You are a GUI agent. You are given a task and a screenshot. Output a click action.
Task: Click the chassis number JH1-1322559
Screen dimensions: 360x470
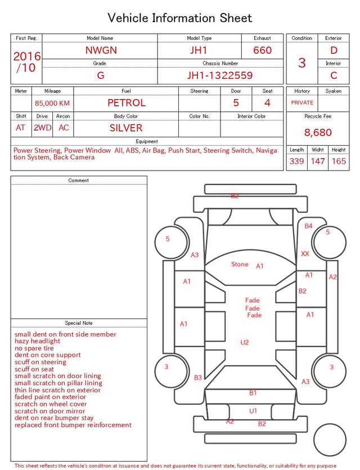pos(220,75)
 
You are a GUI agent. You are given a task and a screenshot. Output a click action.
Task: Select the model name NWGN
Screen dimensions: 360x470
pos(101,50)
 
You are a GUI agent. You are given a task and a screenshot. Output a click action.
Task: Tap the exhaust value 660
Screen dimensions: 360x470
pos(262,50)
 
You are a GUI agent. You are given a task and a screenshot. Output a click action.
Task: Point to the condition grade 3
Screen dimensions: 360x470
pos(302,62)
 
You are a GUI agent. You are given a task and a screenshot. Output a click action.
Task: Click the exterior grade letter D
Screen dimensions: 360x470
pos(334,50)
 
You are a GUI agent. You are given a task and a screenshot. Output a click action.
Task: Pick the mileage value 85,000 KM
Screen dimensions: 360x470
pos(52,103)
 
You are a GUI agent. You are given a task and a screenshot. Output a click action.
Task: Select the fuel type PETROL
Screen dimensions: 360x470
pos(127,103)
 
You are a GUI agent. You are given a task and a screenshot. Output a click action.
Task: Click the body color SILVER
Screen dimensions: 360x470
pos(126,128)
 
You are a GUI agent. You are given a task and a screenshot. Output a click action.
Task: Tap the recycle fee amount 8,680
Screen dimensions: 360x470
pos(318,132)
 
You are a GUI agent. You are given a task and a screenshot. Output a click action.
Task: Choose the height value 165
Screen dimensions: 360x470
pos(339,161)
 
